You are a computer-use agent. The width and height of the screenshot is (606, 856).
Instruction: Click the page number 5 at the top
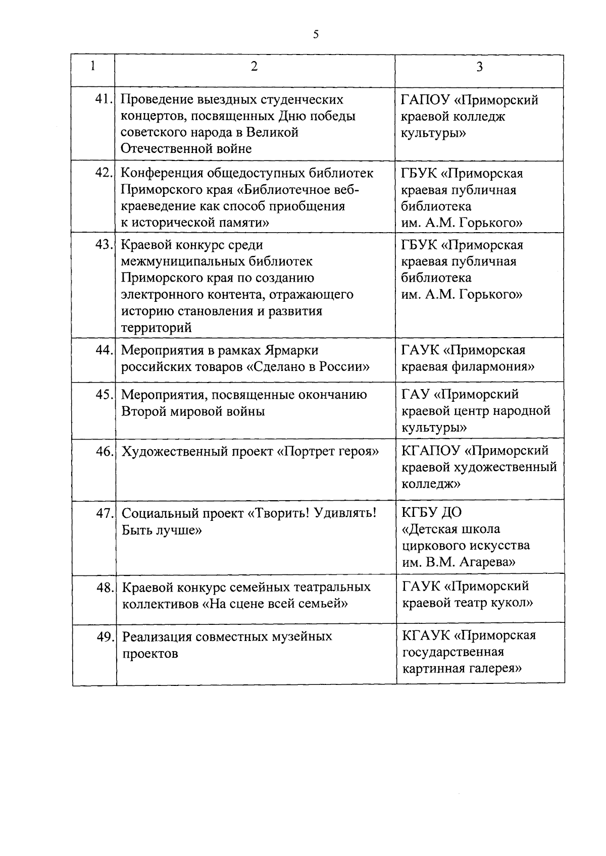(316, 34)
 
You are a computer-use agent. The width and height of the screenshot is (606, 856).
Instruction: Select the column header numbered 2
(254, 66)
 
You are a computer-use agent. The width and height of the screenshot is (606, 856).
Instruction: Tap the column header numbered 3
(479, 67)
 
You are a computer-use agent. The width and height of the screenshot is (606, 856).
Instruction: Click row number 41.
(104, 99)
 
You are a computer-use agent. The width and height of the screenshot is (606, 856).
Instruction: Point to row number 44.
(104, 350)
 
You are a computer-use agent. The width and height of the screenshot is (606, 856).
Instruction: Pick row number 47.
(105, 513)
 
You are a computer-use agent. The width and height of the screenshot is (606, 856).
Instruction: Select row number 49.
(105, 636)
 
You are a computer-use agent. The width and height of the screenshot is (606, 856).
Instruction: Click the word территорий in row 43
(156, 328)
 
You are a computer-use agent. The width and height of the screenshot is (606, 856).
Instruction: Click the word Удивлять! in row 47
(345, 513)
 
